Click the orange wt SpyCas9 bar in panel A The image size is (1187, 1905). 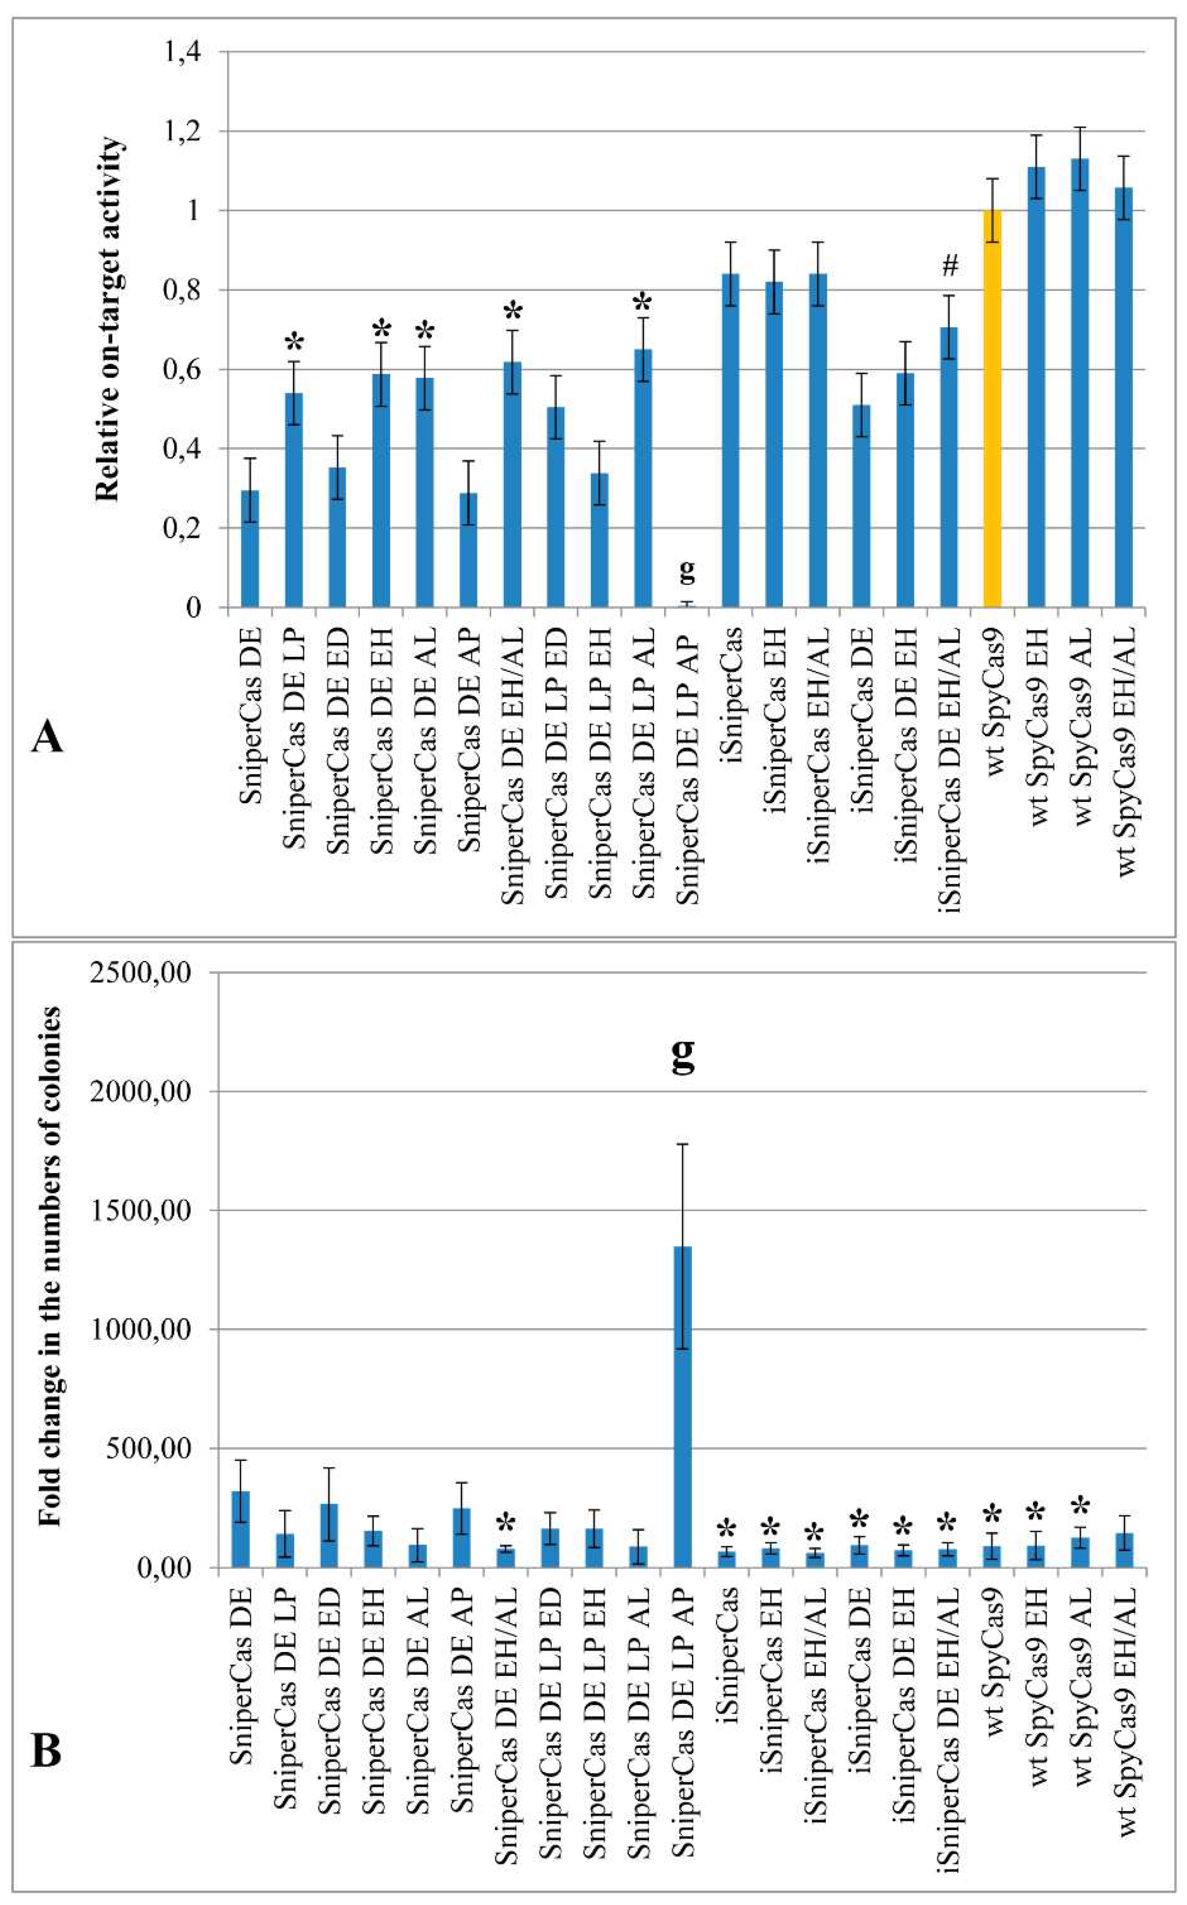coord(992,408)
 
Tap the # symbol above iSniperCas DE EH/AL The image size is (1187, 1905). coord(950,266)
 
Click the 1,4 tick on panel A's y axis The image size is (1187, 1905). coord(181,52)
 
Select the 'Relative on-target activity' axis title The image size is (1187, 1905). coord(108,318)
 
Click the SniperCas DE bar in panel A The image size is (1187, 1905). coord(250,549)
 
